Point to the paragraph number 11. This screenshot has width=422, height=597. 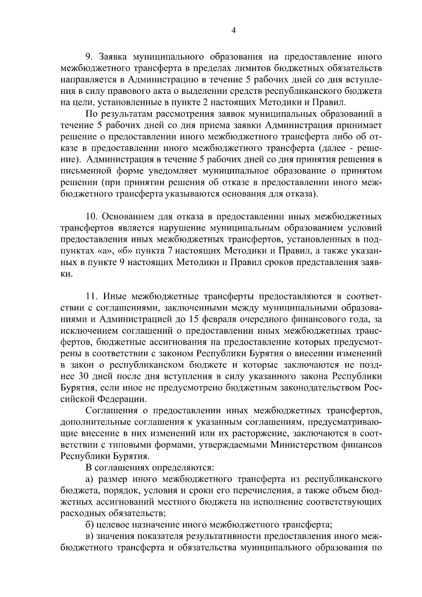tap(92, 296)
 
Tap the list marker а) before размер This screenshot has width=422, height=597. tap(90, 480)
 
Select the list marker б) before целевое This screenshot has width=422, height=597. tap(90, 526)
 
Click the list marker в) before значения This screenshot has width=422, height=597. tap(90, 537)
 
